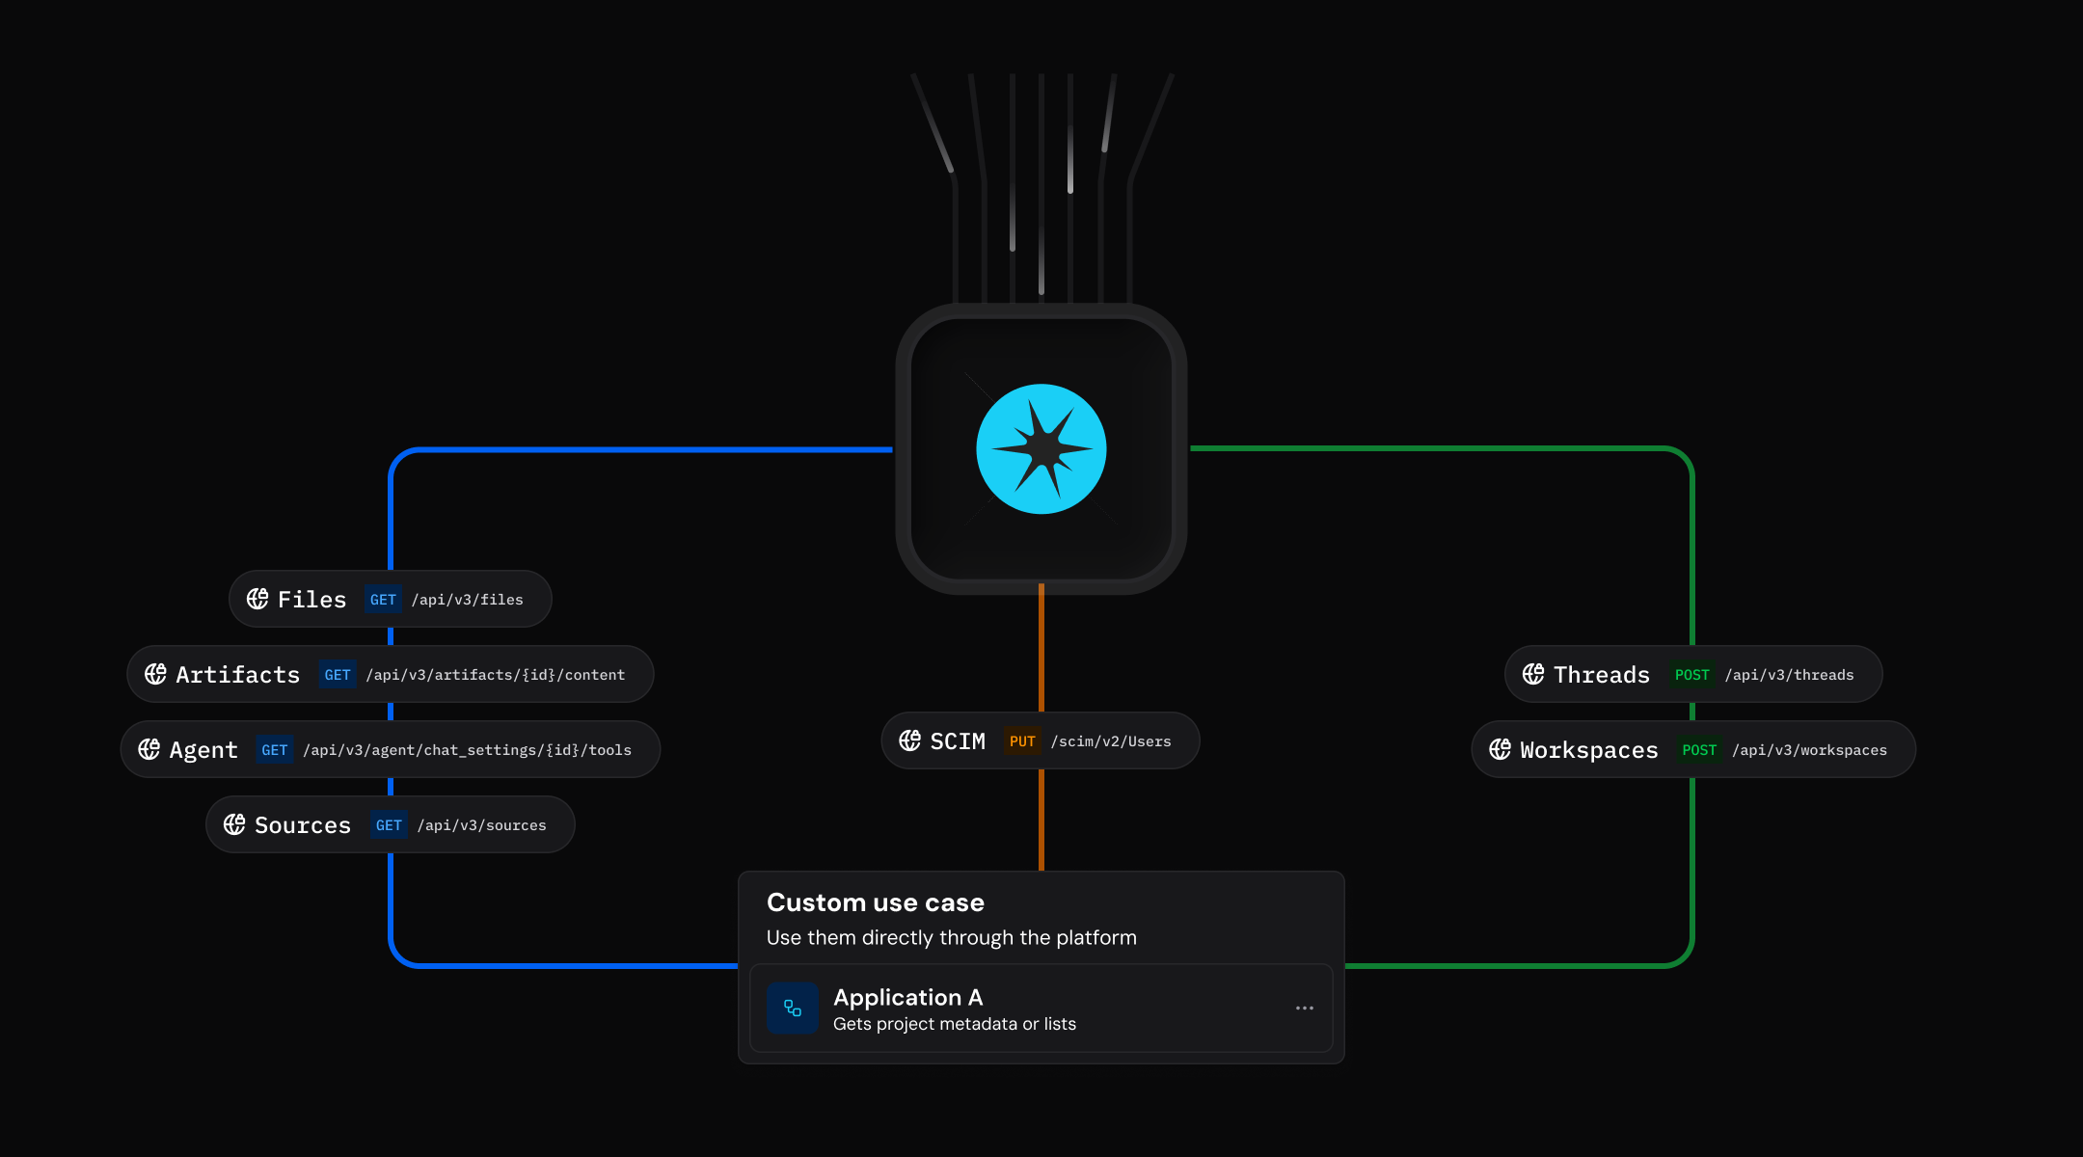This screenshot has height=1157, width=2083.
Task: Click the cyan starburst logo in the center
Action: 1041,449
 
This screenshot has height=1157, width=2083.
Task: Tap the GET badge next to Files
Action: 383,600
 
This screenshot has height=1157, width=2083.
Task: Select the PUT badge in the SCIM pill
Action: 1022,741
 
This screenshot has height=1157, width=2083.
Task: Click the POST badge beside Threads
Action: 1691,675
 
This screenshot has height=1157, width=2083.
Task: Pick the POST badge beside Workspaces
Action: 1699,750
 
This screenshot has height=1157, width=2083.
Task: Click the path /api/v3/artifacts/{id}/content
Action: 496,675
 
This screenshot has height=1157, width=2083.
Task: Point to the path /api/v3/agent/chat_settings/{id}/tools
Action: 468,750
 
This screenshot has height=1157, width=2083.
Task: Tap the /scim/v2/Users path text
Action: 1111,741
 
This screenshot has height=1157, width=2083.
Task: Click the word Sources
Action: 303,825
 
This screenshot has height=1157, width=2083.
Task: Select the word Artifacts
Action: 238,675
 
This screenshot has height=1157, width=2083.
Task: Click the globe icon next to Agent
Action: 149,749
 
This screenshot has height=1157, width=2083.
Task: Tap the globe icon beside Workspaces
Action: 1501,749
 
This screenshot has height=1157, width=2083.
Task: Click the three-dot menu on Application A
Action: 1305,1009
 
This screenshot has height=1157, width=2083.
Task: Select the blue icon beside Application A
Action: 793,1009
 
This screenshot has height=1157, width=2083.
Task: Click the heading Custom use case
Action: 876,902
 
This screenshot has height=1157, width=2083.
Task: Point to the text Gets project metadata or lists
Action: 955,1024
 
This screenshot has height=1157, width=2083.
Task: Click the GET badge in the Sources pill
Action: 389,825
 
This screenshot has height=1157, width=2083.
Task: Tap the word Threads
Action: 1602,675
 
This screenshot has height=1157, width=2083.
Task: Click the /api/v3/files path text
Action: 468,600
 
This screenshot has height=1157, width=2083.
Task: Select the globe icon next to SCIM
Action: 910,740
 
